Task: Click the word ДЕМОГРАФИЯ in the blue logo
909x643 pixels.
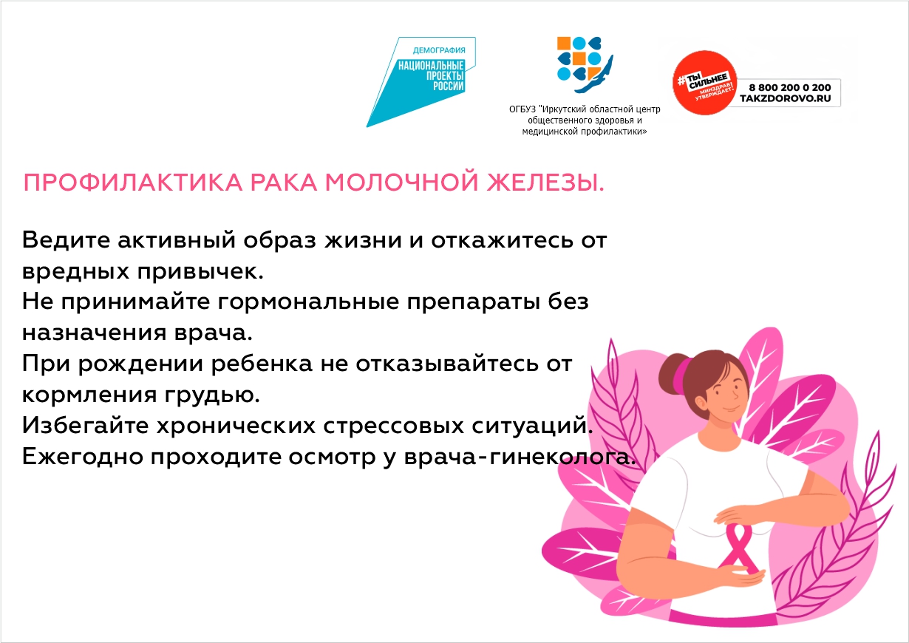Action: click(x=439, y=50)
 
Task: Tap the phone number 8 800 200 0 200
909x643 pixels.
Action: click(x=790, y=87)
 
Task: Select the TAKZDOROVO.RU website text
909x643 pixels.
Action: click(x=786, y=98)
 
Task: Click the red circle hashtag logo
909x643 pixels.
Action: click(x=704, y=83)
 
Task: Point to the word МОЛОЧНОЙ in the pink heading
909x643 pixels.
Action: click(x=402, y=183)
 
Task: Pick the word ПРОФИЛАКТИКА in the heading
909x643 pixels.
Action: click(x=133, y=183)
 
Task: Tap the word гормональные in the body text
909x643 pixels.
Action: click(x=308, y=302)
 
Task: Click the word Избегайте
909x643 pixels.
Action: click(x=85, y=426)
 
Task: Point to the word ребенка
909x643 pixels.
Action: click(x=262, y=364)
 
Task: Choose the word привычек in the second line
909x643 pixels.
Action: click(x=200, y=272)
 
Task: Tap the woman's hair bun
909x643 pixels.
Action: click(x=673, y=373)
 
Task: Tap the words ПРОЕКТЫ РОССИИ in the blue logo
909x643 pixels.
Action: click(x=445, y=81)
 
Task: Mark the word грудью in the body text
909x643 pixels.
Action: click(x=212, y=395)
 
